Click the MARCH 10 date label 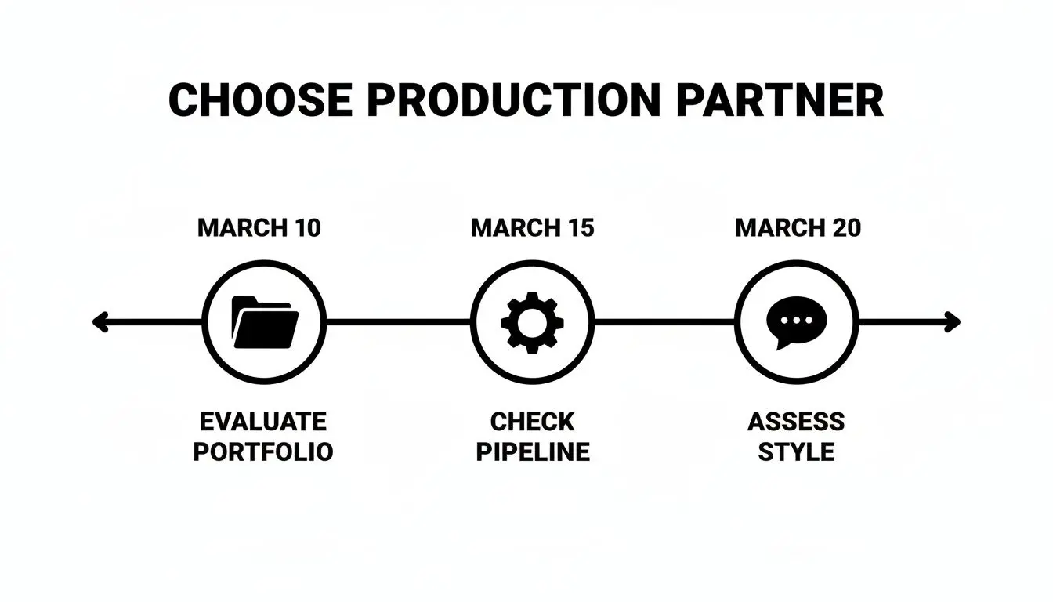259,228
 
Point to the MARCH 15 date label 533,228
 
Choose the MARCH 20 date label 798,228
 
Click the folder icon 265,322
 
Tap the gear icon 532,322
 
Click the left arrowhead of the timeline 99,322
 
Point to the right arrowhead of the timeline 952,322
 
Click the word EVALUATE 262,422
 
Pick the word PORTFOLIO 263,452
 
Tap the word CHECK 532,422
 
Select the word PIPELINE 533,452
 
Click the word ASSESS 796,422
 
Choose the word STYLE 796,452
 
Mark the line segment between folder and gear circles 398,322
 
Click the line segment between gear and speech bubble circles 664,322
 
